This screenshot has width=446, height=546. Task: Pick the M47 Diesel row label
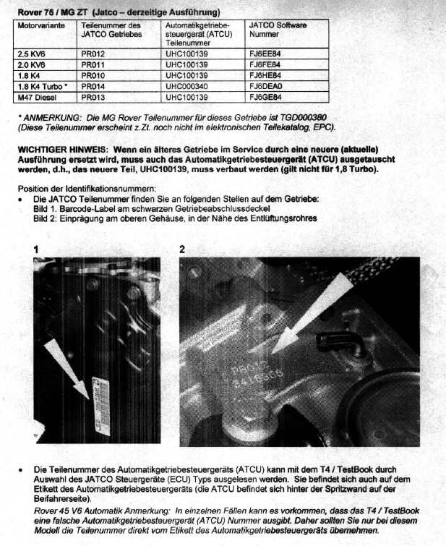35,96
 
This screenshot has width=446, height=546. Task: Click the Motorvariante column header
41,25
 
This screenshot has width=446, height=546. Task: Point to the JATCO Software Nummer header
278,30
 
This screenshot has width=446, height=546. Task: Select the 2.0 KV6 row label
33,64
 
